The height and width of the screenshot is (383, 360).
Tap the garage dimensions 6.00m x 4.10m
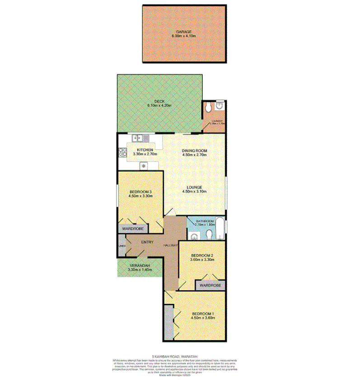[184, 36]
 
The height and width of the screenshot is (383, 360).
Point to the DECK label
[159, 101]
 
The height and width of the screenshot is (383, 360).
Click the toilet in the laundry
[208, 109]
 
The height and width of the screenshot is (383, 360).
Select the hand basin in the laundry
[219, 106]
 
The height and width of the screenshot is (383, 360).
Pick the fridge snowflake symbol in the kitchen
[144, 166]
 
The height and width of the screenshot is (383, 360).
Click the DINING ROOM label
[194, 151]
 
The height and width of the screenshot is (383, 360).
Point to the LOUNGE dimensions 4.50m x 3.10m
[194, 191]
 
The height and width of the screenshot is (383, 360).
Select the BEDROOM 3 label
[140, 192]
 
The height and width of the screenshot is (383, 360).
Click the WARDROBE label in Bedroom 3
[133, 229]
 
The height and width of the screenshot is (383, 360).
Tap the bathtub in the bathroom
[220, 229]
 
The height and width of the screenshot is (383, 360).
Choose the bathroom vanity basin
[194, 236]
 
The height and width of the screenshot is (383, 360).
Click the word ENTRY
[147, 242]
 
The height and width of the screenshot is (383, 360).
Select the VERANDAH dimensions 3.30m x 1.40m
[139, 270]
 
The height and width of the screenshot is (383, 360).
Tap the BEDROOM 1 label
[202, 314]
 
